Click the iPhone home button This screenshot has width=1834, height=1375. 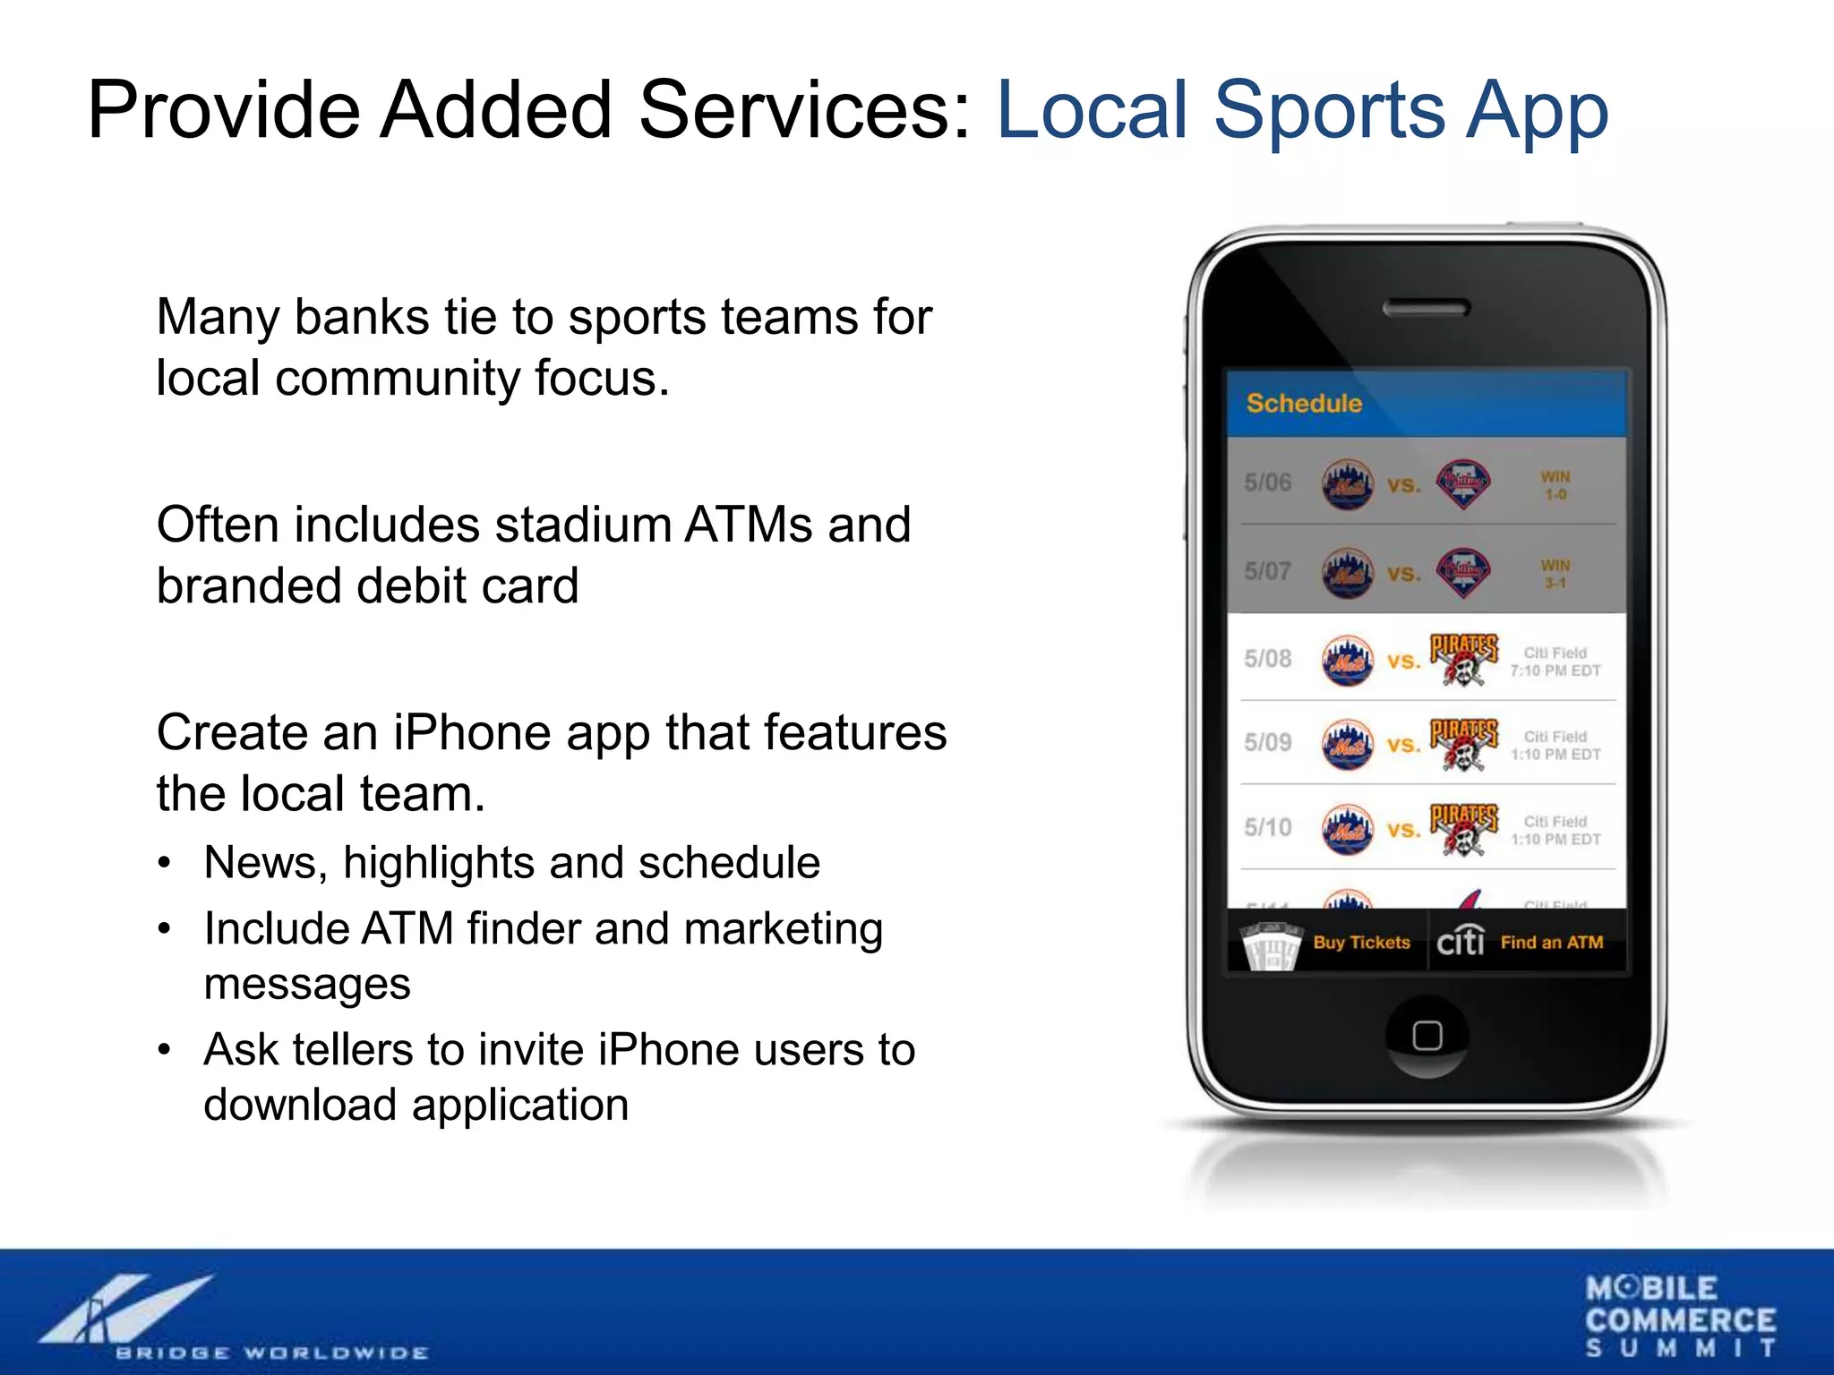(x=1427, y=1036)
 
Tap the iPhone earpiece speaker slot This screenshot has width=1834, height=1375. (x=1427, y=309)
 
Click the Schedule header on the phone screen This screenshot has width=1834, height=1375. (x=1304, y=404)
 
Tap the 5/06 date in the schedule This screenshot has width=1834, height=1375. (x=1267, y=483)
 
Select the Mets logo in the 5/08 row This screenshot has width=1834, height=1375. (x=1347, y=661)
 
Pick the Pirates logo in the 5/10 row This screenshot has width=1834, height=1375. (x=1463, y=829)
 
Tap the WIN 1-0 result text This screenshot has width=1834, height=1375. (x=1555, y=485)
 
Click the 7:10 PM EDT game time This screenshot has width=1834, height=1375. (x=1555, y=670)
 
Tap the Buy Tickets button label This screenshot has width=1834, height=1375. (x=1361, y=943)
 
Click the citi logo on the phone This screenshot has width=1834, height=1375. (x=1461, y=941)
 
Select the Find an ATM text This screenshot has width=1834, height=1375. (x=1552, y=943)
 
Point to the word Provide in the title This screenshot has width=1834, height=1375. (x=224, y=110)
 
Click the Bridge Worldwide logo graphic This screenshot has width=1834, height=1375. (x=125, y=1309)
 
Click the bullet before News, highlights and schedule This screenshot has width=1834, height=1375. (x=163, y=864)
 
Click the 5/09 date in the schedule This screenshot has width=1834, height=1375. (x=1267, y=742)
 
